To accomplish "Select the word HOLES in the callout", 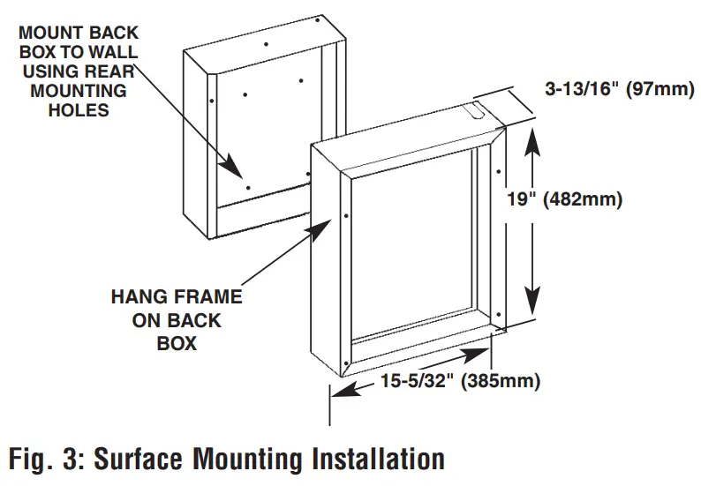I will pyautogui.click(x=79, y=109).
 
